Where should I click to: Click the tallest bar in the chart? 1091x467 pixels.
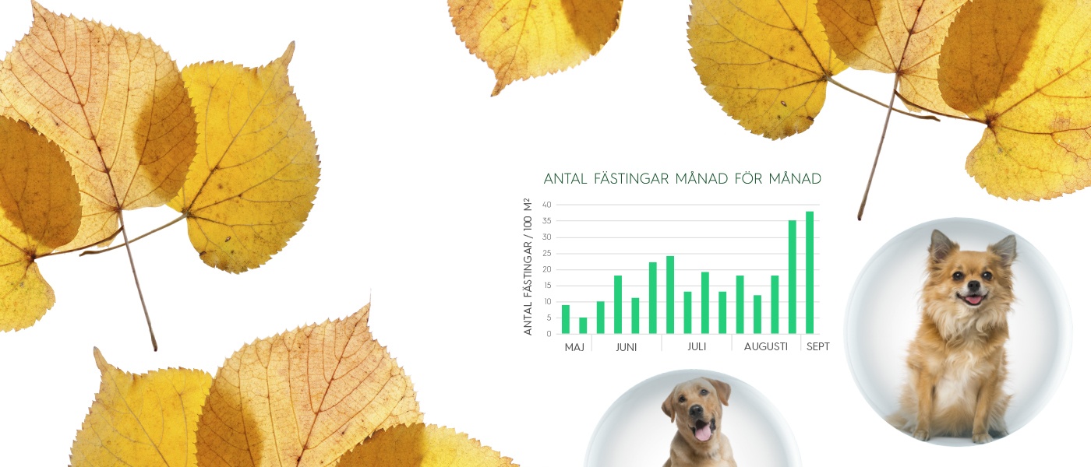(810, 272)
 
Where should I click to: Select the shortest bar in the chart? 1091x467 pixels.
(583, 325)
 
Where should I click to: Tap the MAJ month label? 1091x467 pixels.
(574, 347)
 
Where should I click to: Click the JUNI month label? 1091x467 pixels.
(626, 347)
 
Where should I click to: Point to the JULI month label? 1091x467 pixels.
(697, 346)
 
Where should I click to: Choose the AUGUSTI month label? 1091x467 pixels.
(765, 346)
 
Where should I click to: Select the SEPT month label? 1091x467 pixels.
(817, 346)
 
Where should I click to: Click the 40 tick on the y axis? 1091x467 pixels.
(547, 205)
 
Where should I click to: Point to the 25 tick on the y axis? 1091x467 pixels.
(547, 254)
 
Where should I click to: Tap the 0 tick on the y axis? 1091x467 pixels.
(549, 334)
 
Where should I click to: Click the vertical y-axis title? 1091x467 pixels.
(528, 266)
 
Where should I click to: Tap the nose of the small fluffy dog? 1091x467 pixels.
(973, 286)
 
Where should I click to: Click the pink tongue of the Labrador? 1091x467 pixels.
(702, 431)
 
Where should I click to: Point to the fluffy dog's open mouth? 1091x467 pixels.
(973, 297)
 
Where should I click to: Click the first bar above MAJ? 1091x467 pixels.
(566, 319)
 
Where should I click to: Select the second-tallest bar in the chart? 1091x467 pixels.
(792, 277)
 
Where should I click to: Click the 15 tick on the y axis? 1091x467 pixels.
(547, 286)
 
